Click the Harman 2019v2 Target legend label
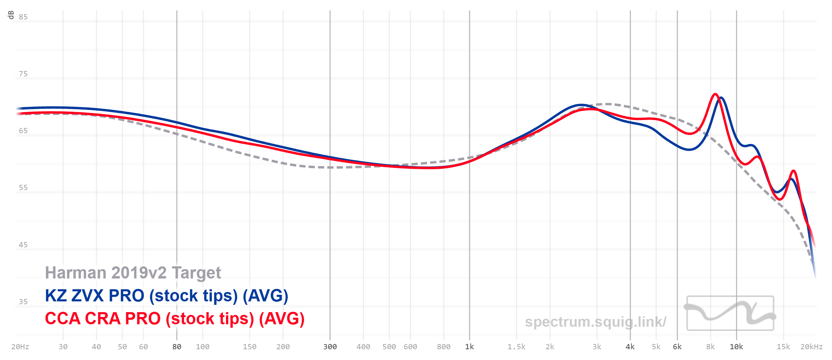click(133, 273)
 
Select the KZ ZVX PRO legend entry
click(166, 296)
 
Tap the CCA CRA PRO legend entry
click(175, 319)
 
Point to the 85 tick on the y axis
click(23, 17)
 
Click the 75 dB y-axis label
click(23, 74)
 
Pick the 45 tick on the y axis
click(23, 245)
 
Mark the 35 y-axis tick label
click(23, 302)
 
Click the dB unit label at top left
click(11, 15)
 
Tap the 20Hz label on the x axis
click(20, 347)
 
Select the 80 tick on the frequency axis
click(177, 347)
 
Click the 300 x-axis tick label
click(330, 347)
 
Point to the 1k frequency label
click(469, 347)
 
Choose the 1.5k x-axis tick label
click(517, 347)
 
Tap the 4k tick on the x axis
click(630, 347)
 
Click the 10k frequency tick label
click(736, 347)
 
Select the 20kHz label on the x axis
click(812, 347)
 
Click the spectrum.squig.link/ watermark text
click(596, 322)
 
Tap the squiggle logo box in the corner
click(730, 313)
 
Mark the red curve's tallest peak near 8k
click(715, 94)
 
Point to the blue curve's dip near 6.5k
click(689, 150)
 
